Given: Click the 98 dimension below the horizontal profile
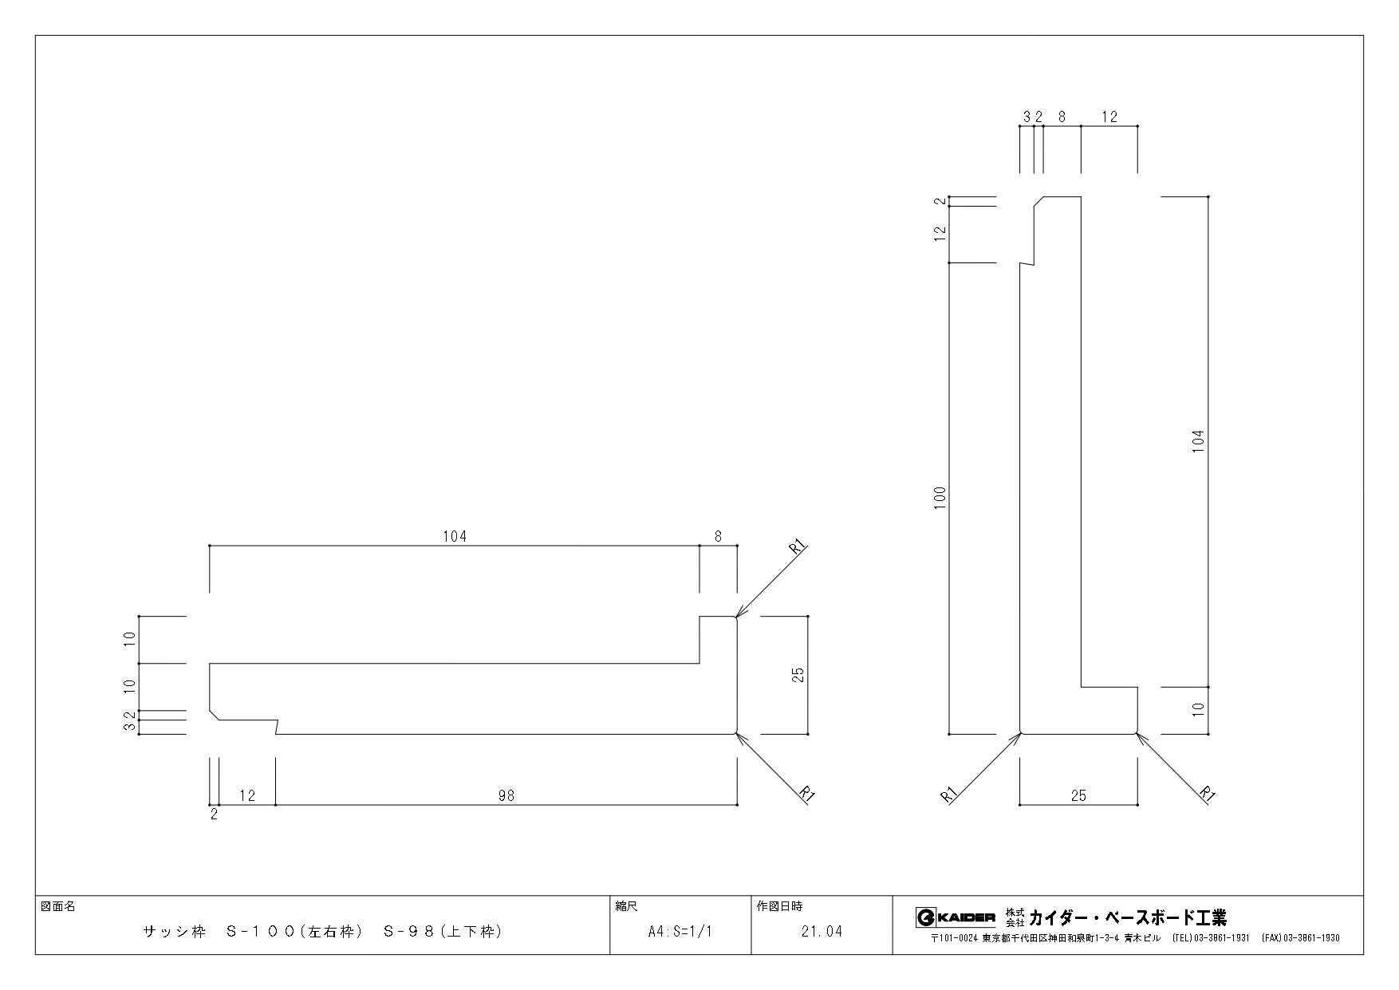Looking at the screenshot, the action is [506, 795].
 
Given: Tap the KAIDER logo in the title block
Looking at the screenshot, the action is [956, 917].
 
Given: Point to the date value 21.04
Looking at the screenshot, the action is [822, 931].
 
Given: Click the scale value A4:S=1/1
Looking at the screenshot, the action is [680, 931].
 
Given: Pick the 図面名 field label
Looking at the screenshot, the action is [57, 907].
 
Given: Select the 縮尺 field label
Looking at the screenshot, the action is [626, 907].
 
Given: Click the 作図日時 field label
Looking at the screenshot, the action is [779, 907].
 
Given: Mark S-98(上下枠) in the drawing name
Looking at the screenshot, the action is [443, 931].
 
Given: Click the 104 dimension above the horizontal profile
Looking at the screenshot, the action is [455, 537].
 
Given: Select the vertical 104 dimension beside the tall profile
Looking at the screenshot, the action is [1198, 441].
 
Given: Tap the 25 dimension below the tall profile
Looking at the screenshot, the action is [1078, 795].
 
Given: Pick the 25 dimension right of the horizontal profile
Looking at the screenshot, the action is [798, 675].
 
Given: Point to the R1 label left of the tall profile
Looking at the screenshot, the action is [949, 795].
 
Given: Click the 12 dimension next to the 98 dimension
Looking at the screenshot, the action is [248, 795].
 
